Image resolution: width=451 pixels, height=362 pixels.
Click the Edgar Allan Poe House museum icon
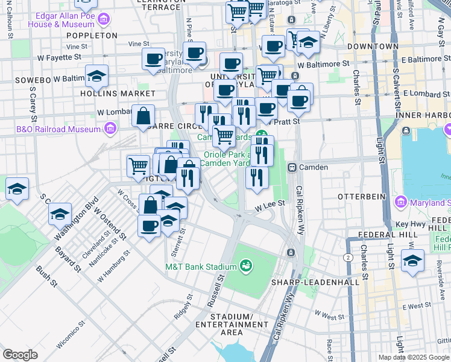click(103, 20)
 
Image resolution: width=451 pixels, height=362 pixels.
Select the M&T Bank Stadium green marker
click(246, 265)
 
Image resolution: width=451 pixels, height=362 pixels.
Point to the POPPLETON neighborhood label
click(92, 36)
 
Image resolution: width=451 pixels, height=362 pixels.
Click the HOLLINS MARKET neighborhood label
click(121, 94)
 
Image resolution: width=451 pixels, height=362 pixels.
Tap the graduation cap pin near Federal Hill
click(413, 261)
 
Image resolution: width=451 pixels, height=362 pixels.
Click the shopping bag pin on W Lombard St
click(143, 116)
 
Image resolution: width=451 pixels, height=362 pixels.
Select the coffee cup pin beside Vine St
click(154, 59)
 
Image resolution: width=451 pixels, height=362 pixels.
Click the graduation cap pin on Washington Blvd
click(60, 214)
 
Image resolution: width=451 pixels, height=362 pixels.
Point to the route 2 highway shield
click(348, 258)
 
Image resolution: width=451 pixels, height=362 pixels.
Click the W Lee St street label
click(269, 206)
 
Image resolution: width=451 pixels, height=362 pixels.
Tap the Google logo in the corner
click(20, 355)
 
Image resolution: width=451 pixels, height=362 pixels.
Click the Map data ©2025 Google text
click(414, 357)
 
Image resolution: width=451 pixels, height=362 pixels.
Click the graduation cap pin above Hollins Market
click(96, 76)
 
